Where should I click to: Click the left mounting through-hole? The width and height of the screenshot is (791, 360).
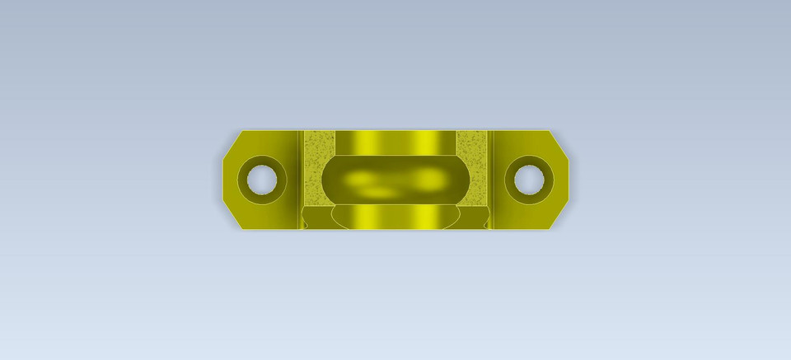pos(261,178)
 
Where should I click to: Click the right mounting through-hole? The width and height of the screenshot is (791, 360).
pos(527,178)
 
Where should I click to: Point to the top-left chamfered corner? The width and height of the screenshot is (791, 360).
pos(232,141)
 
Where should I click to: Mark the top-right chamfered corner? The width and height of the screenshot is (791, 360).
pos(559,141)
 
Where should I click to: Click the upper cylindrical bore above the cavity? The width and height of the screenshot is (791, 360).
pos(395,141)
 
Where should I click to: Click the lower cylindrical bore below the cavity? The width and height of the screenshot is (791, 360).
pos(395,217)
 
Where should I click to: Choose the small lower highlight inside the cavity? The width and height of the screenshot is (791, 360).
pos(381,193)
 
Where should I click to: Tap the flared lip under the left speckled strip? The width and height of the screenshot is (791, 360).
pos(316,217)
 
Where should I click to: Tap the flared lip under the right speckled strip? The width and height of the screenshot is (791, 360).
pos(475,217)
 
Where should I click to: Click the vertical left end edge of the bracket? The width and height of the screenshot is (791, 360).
pos(223,179)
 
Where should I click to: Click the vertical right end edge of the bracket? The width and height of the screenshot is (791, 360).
pos(568,179)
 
